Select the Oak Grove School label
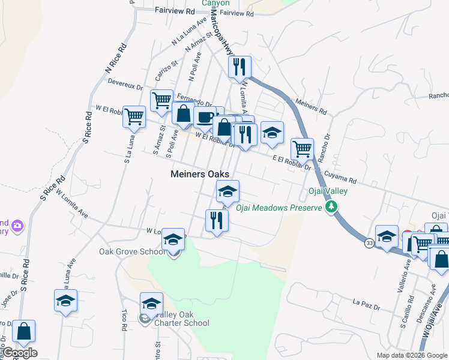click(132, 251)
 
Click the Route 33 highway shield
click(369, 242)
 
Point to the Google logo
click(20, 353)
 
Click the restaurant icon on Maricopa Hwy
click(240, 68)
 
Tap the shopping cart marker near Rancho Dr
click(302, 149)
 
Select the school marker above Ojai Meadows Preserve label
click(228, 192)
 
